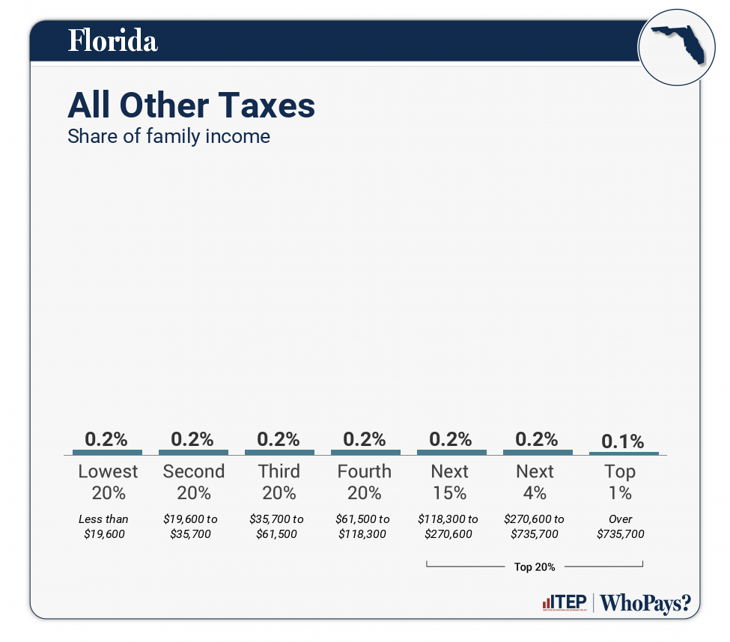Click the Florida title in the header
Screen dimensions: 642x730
(112, 40)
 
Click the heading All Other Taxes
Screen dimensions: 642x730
(191, 106)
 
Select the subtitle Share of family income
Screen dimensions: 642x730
(168, 137)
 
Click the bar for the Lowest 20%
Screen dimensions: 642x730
(107, 452)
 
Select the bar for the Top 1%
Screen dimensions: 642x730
(624, 453)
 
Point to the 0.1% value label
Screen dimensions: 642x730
(624, 441)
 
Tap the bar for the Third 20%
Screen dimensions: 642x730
(279, 452)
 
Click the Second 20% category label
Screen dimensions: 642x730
(193, 482)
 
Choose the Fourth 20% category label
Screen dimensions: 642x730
(364, 482)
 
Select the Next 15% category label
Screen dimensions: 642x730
(450, 482)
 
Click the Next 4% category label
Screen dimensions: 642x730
(535, 482)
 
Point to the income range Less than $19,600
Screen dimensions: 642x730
(103, 527)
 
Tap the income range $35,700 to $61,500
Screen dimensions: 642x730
(277, 527)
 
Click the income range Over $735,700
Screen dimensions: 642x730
(620, 527)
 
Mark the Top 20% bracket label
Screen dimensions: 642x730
(535, 567)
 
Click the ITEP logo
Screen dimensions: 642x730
(564, 603)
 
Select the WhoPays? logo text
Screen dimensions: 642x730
(645, 603)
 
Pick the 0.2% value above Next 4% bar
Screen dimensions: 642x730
(537, 439)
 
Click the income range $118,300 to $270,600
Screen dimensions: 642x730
(449, 527)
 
